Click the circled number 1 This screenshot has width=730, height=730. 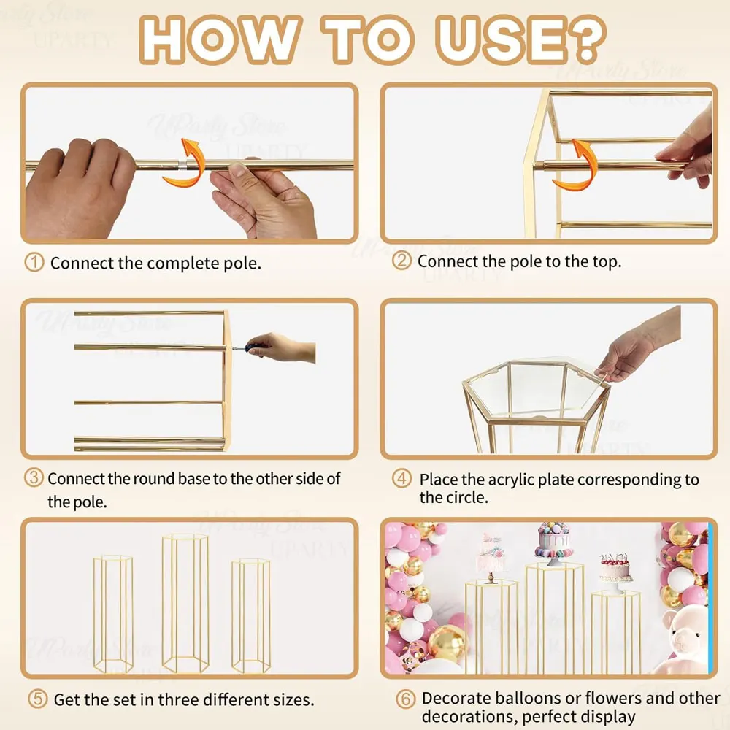(x=34, y=263)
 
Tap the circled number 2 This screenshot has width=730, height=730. (x=401, y=261)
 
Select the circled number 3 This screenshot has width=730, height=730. (x=34, y=478)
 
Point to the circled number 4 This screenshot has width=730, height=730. (x=401, y=478)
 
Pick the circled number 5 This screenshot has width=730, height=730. (x=37, y=699)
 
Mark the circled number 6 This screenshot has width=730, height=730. (x=405, y=699)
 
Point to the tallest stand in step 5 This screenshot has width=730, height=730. (x=185, y=604)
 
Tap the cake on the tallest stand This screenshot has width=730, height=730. (x=554, y=542)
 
